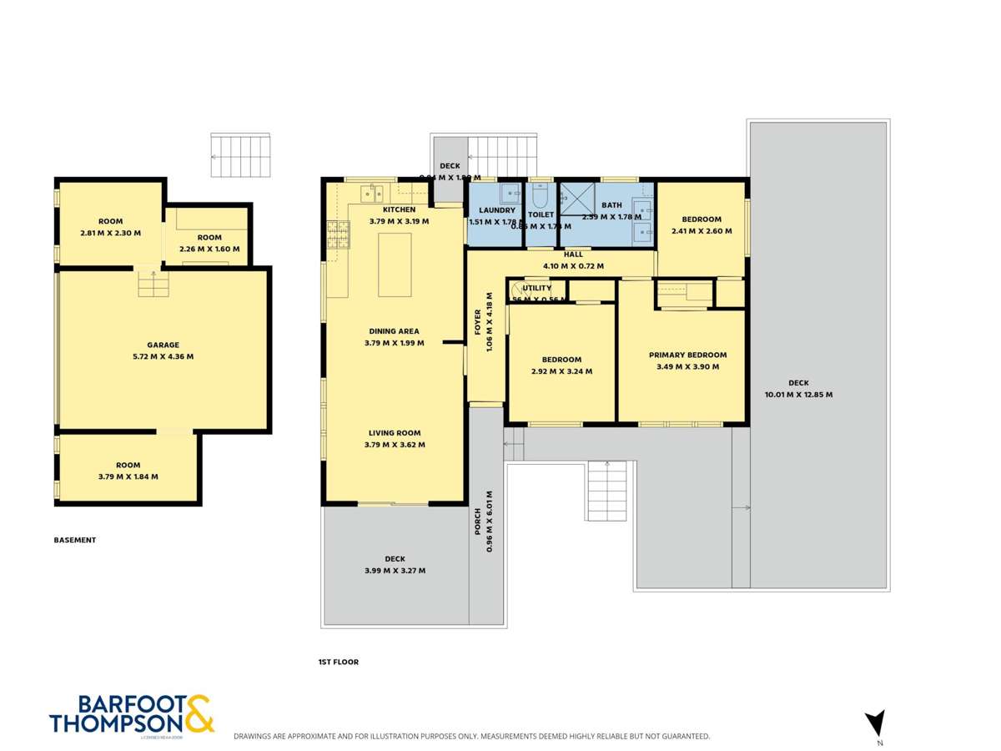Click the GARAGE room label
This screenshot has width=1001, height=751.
pos(163,345)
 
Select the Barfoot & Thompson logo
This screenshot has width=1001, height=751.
pos(132,715)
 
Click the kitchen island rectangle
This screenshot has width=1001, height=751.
pos(395,265)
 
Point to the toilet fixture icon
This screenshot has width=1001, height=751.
pos(540,196)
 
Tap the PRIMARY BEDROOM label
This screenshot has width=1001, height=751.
pos(687,355)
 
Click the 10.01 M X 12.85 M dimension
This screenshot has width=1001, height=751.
pos(798,395)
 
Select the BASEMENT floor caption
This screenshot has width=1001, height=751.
pos(75,540)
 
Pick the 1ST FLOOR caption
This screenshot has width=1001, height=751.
pos(338,662)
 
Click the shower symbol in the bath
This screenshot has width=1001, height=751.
pos(574,199)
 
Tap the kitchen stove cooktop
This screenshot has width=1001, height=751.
pos(338,234)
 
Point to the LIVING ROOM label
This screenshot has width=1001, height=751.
pos(395,433)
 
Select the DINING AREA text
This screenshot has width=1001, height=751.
pos(395,331)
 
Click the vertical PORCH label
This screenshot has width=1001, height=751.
pos(479,522)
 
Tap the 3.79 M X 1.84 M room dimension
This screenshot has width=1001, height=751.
pos(128,476)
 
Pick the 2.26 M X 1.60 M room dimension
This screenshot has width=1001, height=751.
pos(209,249)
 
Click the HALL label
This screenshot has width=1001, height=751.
pos(573,255)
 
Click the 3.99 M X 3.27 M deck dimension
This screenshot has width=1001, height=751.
pos(395,571)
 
